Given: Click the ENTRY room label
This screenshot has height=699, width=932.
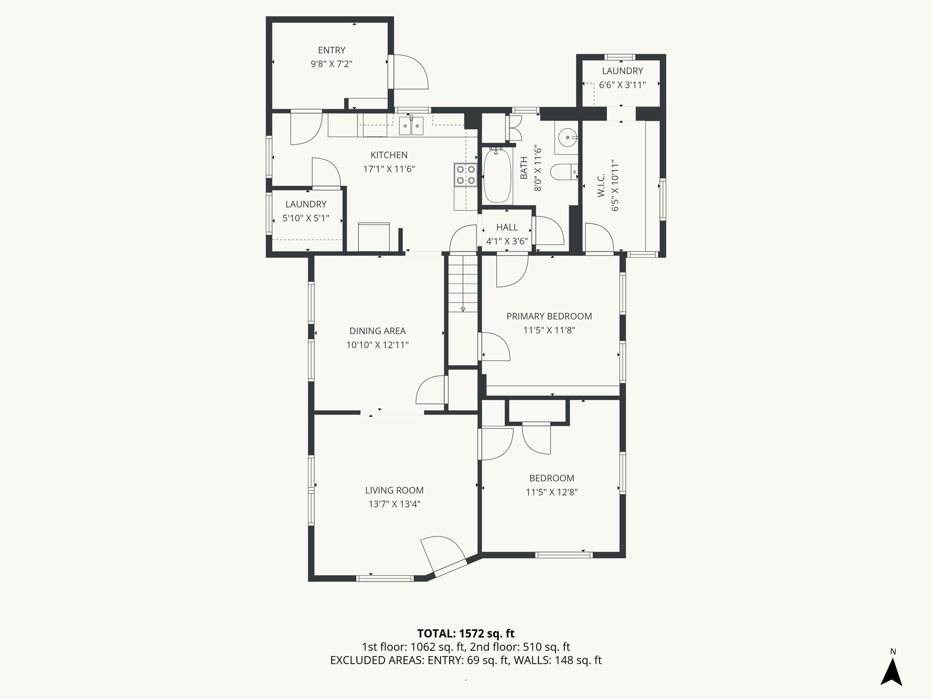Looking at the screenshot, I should click(x=331, y=50).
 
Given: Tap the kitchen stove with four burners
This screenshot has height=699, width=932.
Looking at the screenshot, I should click(x=466, y=175).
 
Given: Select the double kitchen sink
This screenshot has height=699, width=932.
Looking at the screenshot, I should click(x=411, y=126).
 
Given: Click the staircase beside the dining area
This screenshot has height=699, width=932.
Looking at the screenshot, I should click(x=463, y=284).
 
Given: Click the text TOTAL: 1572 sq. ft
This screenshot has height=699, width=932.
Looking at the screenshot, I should click(x=466, y=633).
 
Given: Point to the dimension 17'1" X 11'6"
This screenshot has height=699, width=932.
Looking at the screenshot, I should click(x=389, y=169).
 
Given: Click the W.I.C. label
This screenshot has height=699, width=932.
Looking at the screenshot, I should click(x=601, y=185).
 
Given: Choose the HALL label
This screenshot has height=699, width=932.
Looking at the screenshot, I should click(x=507, y=228).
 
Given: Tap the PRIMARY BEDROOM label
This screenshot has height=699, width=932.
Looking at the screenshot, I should click(x=549, y=316).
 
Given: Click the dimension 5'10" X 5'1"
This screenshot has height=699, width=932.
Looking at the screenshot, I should click(x=305, y=218).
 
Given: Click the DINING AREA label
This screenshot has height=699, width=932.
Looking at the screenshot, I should click(x=377, y=331).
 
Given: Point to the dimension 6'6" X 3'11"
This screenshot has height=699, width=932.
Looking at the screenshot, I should click(x=622, y=85).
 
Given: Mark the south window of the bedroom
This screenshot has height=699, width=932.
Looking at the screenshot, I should click(x=563, y=555).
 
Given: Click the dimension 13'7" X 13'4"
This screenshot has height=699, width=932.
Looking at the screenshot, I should click(x=394, y=504).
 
